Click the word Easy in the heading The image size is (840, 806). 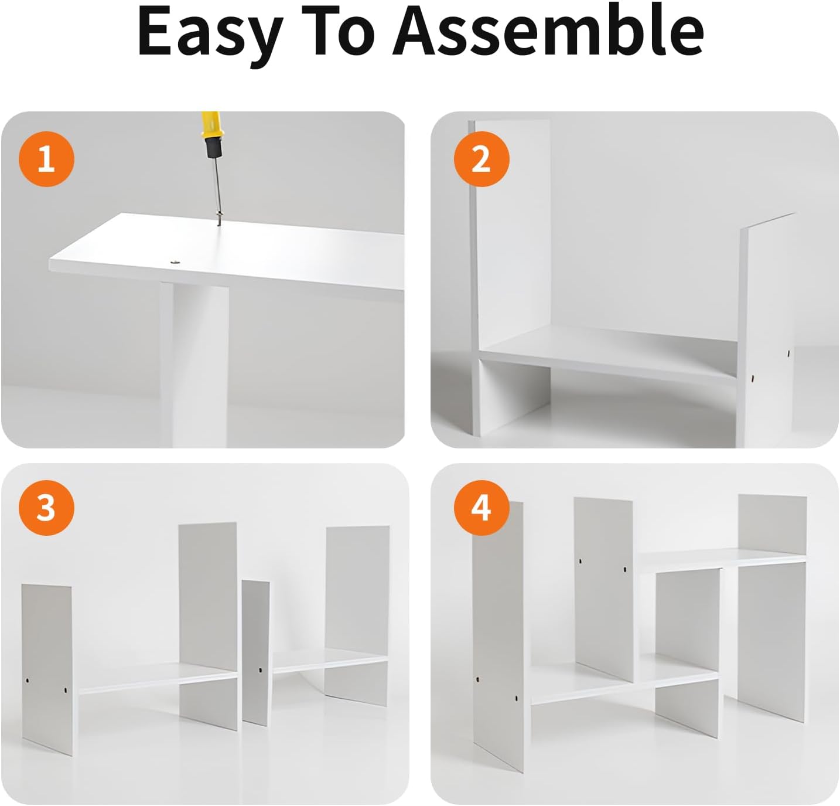pyautogui.click(x=210, y=35)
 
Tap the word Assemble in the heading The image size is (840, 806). pyautogui.click(x=548, y=30)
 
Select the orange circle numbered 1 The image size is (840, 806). pyautogui.click(x=47, y=159)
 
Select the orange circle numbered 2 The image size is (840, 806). pyautogui.click(x=482, y=159)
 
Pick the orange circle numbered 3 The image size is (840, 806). pyautogui.click(x=47, y=508)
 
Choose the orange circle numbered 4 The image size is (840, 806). pyautogui.click(x=482, y=508)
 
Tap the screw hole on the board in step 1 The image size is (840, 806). pyautogui.click(x=176, y=260)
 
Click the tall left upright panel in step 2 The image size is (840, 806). pyautogui.click(x=510, y=277)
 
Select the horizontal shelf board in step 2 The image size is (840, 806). pyautogui.click(x=609, y=351)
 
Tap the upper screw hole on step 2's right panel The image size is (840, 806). pyautogui.click(x=788, y=353)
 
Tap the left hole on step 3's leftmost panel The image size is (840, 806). pyautogui.click(x=28, y=681)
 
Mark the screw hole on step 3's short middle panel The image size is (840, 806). pyautogui.click(x=260, y=671)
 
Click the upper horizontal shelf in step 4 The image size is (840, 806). pyautogui.click(x=722, y=561)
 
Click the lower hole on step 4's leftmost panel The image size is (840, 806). pyautogui.click(x=516, y=698)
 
